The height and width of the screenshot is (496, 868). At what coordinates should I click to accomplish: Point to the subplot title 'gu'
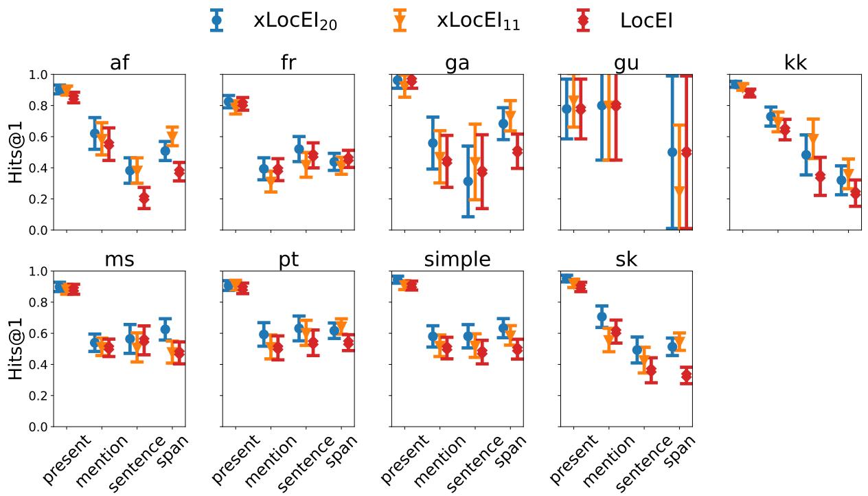[626, 63]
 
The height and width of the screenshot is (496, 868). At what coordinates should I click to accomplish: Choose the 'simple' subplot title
[457, 260]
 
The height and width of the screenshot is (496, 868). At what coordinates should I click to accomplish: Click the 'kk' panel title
[795, 63]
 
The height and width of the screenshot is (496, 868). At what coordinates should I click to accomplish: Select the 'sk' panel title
[626, 260]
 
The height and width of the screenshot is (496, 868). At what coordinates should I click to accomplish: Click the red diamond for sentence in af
[144, 198]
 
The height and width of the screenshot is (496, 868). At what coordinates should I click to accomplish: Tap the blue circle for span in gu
[672, 152]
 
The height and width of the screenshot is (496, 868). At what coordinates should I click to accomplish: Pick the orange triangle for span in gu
[679, 191]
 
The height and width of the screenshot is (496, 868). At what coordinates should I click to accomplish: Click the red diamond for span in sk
[686, 375]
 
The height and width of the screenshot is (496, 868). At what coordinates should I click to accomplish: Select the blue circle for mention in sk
[602, 317]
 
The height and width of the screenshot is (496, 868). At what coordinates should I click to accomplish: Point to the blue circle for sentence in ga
[468, 181]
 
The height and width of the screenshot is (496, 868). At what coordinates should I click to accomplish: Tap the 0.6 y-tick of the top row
[37, 137]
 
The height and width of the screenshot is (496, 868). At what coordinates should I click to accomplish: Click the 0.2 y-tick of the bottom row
[37, 396]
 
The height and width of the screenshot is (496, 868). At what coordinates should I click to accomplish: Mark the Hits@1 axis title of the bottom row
[16, 349]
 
